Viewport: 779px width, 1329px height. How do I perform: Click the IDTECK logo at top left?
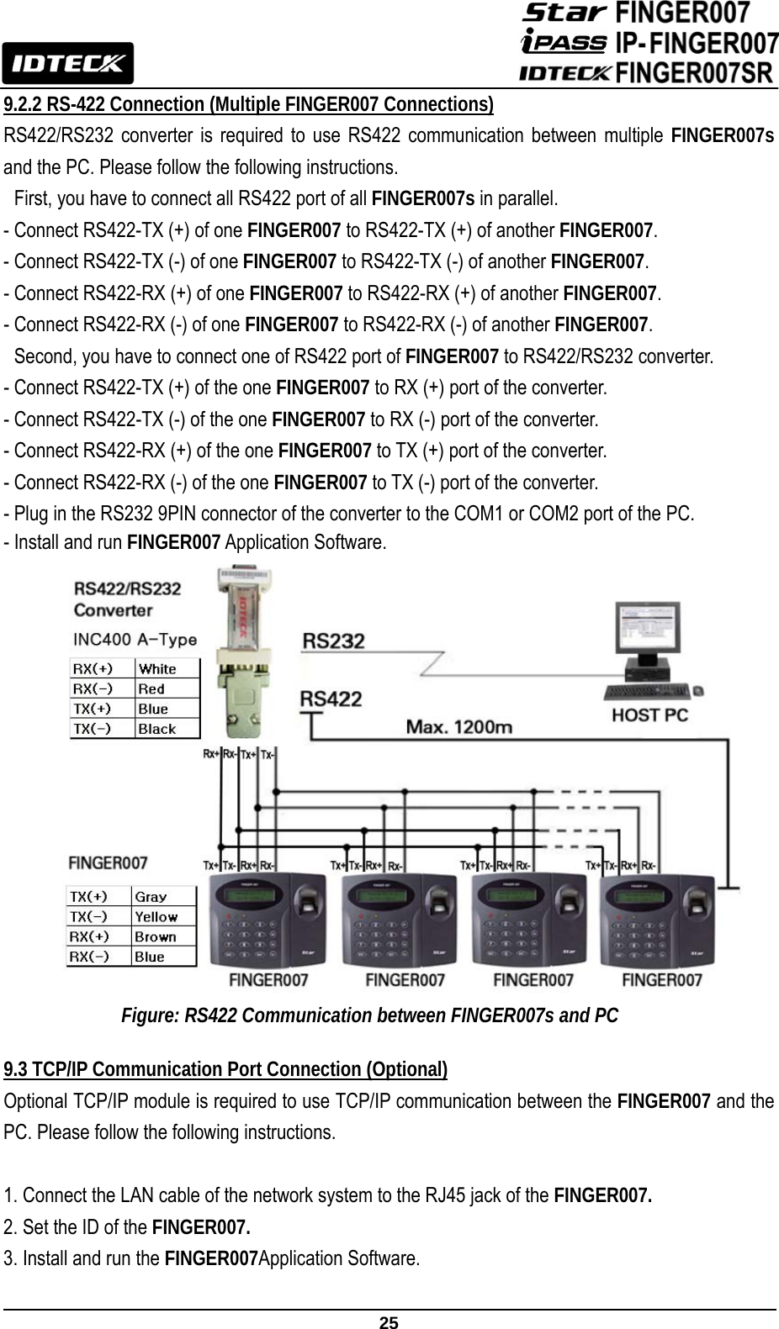coord(67,63)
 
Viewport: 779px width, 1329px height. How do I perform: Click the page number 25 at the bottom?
coord(389,1322)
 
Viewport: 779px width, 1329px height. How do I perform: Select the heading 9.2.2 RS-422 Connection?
coord(249,105)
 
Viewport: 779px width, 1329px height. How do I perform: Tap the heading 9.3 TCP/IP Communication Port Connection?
coord(225,1069)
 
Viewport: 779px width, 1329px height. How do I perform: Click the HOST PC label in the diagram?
coord(649,715)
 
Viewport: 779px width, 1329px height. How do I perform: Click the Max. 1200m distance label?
coord(459,726)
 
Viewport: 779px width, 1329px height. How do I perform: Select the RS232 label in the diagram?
coord(333,642)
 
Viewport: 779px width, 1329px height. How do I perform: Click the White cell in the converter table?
coord(158,669)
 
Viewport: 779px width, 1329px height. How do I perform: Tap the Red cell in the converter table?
coord(151,689)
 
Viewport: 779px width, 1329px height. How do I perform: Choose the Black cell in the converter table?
coord(157,729)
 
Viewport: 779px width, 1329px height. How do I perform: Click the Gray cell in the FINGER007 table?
coord(151,897)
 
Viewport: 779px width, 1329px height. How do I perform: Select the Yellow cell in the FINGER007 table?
coord(156,917)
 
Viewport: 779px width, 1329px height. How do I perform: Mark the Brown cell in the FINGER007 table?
coord(156,936)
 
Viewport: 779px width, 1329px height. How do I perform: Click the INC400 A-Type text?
coord(135,640)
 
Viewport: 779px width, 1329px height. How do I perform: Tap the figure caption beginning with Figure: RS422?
coord(370,1015)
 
